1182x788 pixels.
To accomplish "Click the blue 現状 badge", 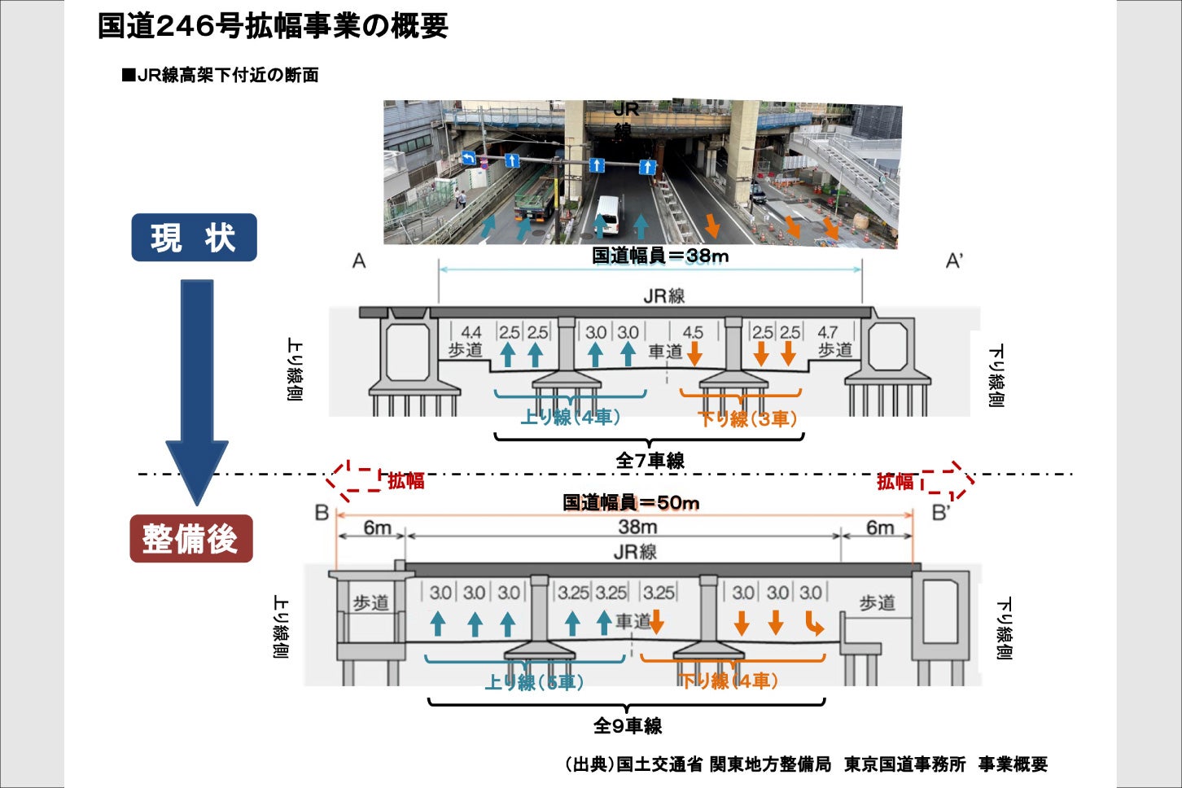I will pos(194,238).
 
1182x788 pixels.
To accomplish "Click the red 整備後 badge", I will pos(191,539).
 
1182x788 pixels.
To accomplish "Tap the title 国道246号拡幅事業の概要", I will pos(273,26).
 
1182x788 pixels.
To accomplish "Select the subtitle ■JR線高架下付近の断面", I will pos(220,76).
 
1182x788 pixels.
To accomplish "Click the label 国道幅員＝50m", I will pos(631,503).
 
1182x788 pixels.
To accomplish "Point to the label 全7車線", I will pos(650,461).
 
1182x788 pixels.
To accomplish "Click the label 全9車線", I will pos(627,725).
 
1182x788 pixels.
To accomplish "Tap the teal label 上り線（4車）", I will pos(571,418).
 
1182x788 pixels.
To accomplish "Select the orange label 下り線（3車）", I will pos(747,419).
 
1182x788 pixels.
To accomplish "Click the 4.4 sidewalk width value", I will pos(471,332).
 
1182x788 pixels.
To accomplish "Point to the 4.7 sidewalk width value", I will pos(827,332).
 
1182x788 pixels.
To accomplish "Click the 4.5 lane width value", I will pos(693,332).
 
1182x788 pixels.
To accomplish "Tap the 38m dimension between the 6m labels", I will pos(637,528).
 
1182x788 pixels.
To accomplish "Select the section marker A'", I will pos(954,261).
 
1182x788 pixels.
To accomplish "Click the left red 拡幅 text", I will pos(405,481).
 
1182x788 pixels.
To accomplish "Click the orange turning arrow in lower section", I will pos(814,624).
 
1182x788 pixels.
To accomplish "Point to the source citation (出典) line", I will pos(806,764).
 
